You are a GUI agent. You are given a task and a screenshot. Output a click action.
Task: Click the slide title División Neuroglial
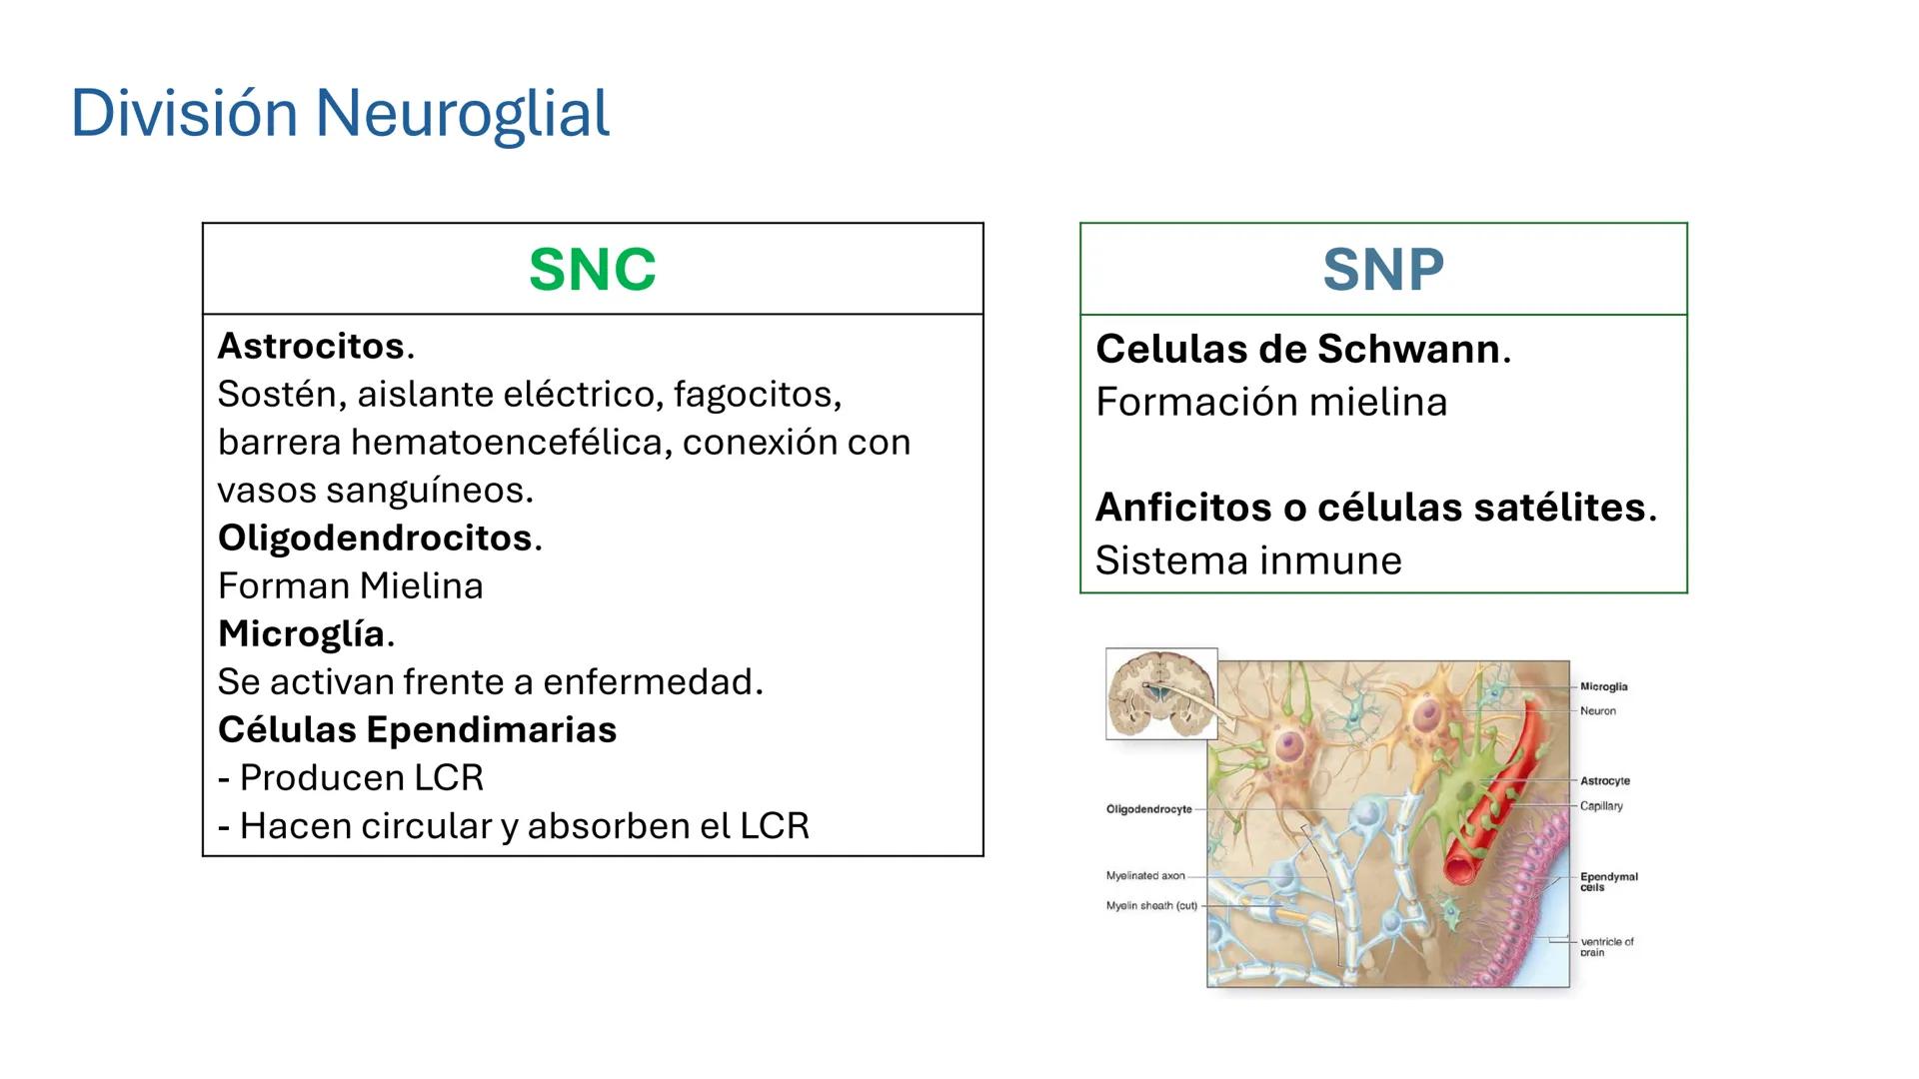coord(340,113)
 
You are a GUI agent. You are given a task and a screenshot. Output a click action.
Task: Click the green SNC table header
coord(592,270)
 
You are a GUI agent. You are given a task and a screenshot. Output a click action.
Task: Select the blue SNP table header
coord(1383,270)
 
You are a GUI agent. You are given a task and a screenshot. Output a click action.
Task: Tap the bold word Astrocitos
coord(311,346)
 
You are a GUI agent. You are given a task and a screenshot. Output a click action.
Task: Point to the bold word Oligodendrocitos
coord(375,538)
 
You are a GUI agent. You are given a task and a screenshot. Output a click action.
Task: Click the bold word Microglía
coord(301,633)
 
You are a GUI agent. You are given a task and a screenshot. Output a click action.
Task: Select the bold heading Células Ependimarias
coord(417,729)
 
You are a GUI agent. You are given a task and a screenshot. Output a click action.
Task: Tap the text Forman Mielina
coord(350,585)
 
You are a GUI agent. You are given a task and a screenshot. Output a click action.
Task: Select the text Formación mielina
coord(1270,402)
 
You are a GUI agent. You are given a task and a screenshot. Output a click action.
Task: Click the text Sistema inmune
coord(1248,560)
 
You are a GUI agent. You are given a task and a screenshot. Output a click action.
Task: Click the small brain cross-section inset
coord(1160,693)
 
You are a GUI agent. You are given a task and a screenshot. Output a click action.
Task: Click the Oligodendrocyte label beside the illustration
coord(1148,809)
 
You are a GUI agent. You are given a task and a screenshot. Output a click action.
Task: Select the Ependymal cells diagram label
coord(1607,881)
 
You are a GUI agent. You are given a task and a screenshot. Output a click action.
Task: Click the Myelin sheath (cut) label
coord(1150,906)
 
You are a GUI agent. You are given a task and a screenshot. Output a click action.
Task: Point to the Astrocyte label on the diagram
coord(1604,781)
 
